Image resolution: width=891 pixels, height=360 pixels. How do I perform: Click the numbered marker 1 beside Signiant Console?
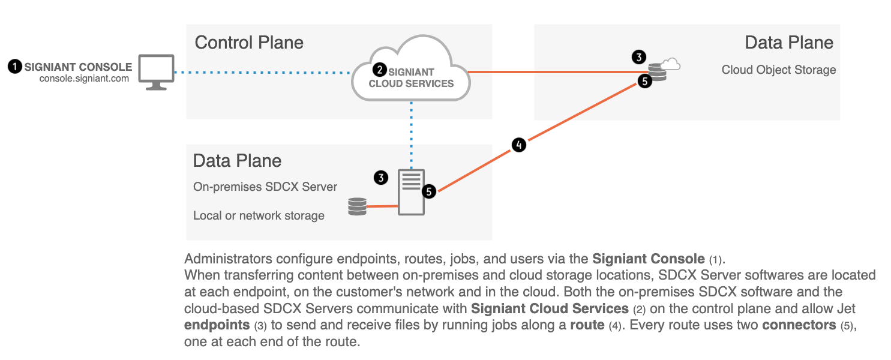pos(15,67)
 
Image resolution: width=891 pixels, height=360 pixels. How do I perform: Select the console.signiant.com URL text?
pos(84,78)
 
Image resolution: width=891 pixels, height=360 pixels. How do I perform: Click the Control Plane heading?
pos(249,43)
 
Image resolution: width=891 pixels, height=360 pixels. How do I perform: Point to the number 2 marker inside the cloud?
pos(379,70)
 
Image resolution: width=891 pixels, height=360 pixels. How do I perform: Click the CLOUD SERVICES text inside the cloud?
pos(411,83)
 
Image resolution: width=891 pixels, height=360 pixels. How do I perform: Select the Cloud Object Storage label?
pos(778,70)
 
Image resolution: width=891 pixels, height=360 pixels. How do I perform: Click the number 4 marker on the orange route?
pos(518,145)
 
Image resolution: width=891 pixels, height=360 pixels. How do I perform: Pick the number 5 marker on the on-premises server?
pos(428,191)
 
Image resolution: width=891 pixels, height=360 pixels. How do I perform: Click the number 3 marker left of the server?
pos(380,178)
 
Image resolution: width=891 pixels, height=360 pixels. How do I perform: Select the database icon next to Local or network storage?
pos(357,207)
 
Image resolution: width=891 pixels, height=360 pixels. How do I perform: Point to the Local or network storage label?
pos(259,215)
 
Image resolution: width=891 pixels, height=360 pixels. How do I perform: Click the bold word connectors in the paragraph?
pos(798,326)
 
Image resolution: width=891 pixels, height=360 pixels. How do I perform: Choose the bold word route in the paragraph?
pos(587,326)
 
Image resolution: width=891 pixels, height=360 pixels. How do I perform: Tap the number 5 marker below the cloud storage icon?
pos(644,82)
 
